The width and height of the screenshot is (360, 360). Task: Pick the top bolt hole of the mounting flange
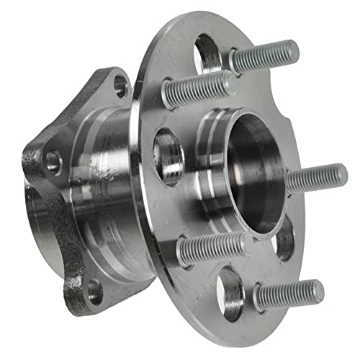[120, 86]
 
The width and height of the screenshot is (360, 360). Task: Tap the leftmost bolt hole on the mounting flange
[53, 161]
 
